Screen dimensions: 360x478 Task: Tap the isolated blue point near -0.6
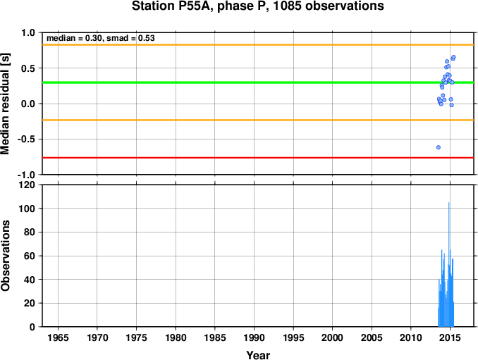pos(439,147)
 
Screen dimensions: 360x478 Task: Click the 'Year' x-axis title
pos(258,355)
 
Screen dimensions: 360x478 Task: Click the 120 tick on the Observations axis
pos(27,185)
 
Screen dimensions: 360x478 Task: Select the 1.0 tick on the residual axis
pos(29,33)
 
